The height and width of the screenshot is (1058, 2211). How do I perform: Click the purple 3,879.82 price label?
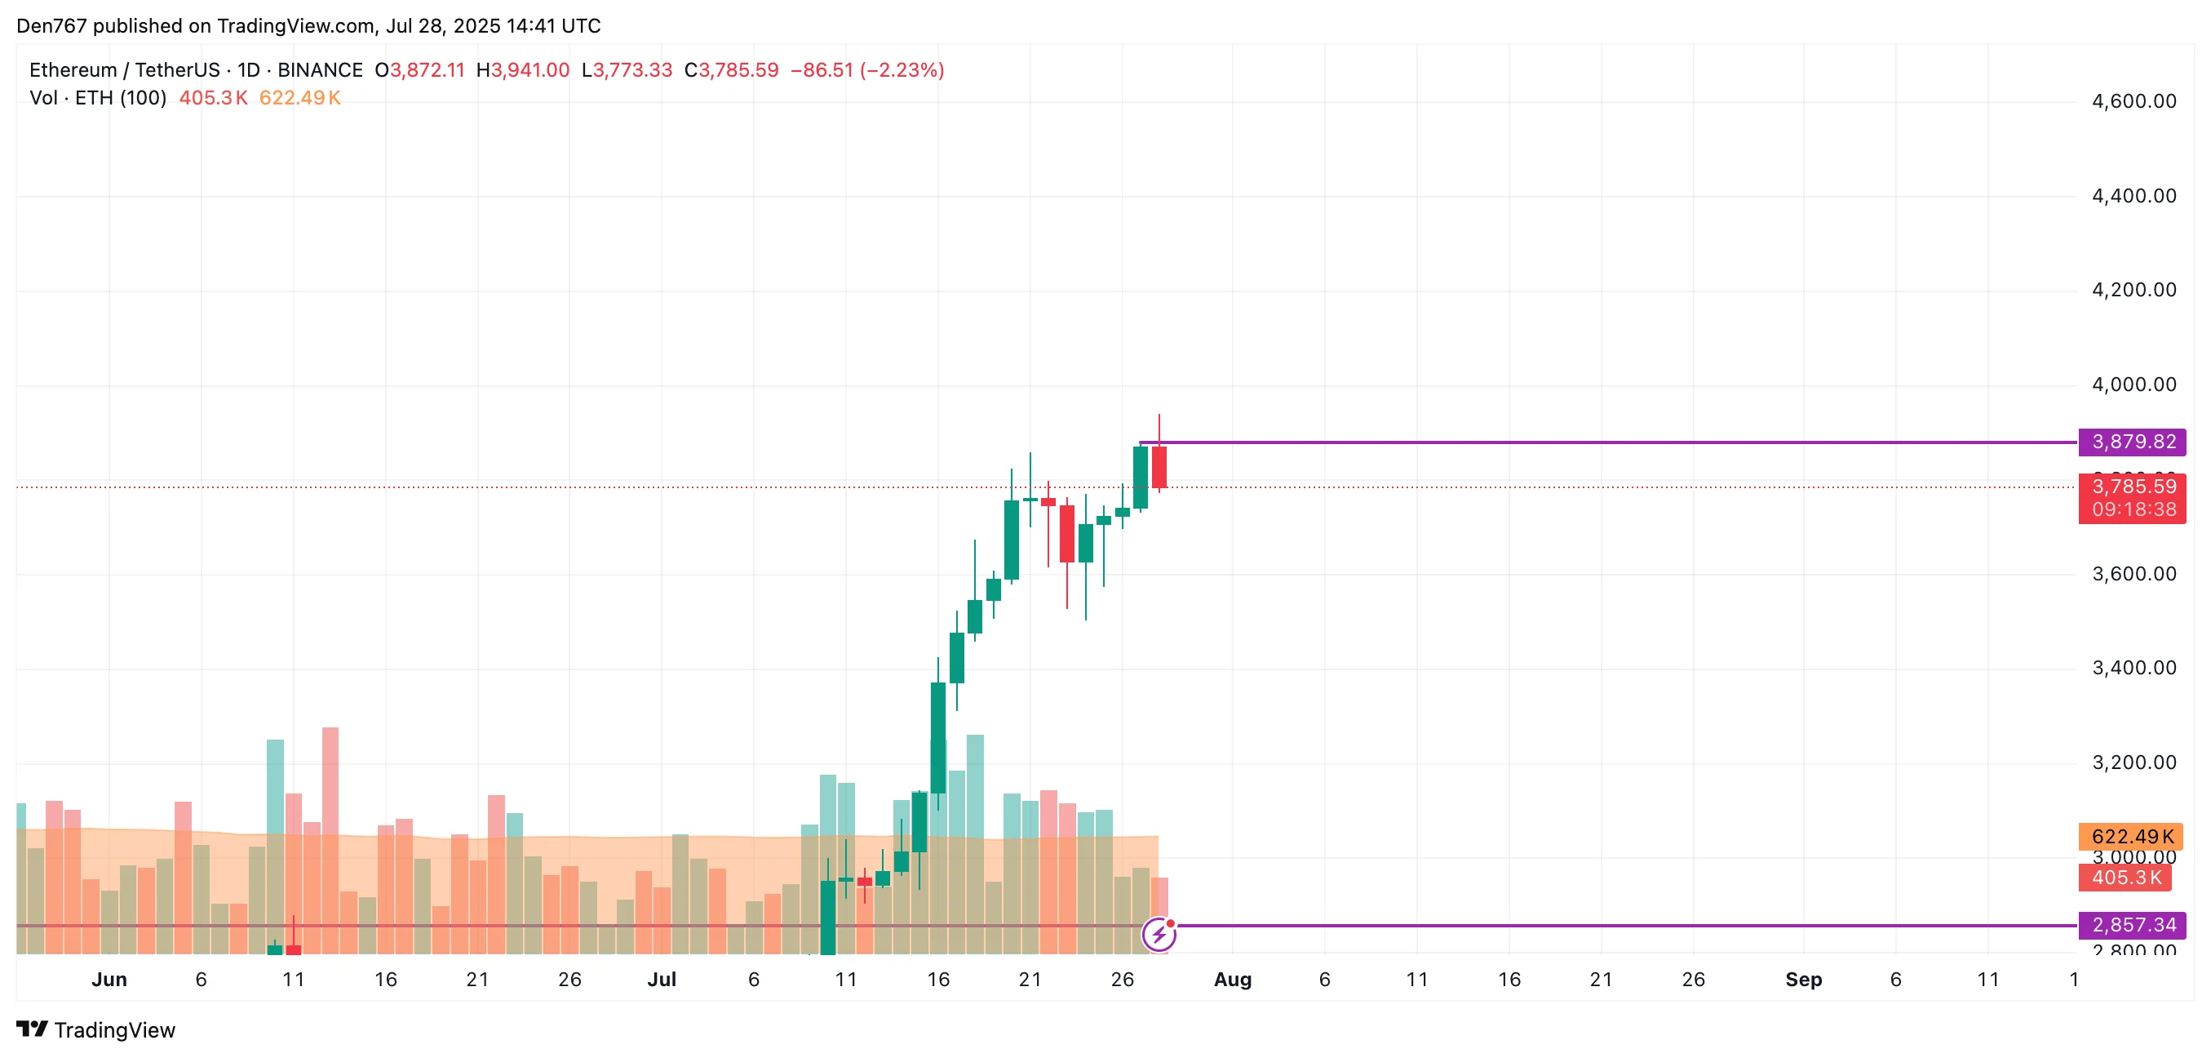[2132, 442]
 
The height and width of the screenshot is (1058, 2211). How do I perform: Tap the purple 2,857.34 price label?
[2132, 925]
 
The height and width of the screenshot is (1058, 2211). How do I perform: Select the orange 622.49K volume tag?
[2130, 837]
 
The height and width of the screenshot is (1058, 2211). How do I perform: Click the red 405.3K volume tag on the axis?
[2125, 878]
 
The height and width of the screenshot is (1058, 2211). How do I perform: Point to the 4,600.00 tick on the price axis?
[2133, 101]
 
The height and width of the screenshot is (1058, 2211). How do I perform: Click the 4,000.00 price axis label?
[2133, 385]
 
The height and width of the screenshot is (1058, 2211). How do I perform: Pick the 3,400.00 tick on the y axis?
[2133, 668]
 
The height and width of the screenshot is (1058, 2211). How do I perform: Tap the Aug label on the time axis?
[1233, 980]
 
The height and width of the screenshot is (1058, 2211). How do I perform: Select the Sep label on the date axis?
[1803, 980]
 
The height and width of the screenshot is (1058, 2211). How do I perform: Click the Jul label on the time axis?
[662, 980]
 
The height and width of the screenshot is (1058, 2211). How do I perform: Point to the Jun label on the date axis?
[109, 980]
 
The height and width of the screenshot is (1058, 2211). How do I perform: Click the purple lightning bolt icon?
[1159, 935]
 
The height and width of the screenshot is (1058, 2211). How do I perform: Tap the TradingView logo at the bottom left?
[96, 1029]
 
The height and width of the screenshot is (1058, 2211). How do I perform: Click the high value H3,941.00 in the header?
[523, 70]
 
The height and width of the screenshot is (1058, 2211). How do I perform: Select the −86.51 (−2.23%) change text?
[867, 70]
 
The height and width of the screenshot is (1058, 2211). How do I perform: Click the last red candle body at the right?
[1159, 467]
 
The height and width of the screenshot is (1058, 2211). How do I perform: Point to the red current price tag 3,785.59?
[2132, 487]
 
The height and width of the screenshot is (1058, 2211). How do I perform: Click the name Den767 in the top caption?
[51, 26]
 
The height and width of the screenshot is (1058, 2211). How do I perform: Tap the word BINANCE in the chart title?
[319, 70]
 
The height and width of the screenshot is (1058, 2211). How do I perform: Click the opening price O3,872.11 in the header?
[419, 70]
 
